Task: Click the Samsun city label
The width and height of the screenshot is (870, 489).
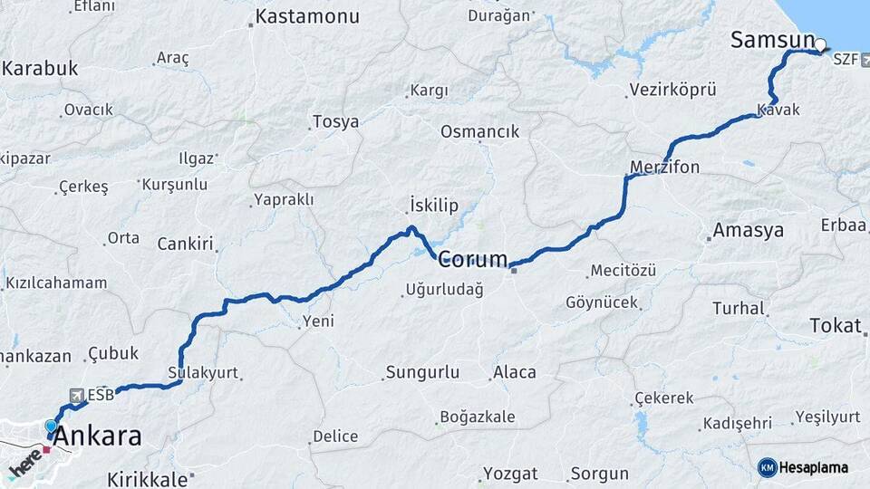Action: pos(772,39)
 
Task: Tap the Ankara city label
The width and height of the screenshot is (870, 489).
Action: pos(98,436)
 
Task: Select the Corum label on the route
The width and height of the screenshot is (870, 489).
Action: pos(473,261)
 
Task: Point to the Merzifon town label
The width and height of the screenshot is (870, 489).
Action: pos(664,167)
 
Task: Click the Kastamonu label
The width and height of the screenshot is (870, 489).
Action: pos(307,16)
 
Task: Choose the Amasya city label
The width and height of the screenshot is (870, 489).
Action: pos(748,230)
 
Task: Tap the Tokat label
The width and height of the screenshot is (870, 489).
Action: pos(835,326)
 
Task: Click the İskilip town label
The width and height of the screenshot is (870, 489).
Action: pos(430,204)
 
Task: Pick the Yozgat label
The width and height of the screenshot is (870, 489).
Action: pos(510,474)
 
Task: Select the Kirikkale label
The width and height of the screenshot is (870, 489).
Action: pos(147,479)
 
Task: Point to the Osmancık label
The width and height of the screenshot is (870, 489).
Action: pos(479,131)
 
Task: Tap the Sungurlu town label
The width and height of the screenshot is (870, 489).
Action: pos(422,372)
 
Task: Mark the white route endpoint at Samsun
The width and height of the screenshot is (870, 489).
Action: pos(820,44)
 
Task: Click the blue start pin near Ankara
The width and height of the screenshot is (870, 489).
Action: pos(51,426)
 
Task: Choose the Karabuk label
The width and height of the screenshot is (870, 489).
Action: pos(41,69)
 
